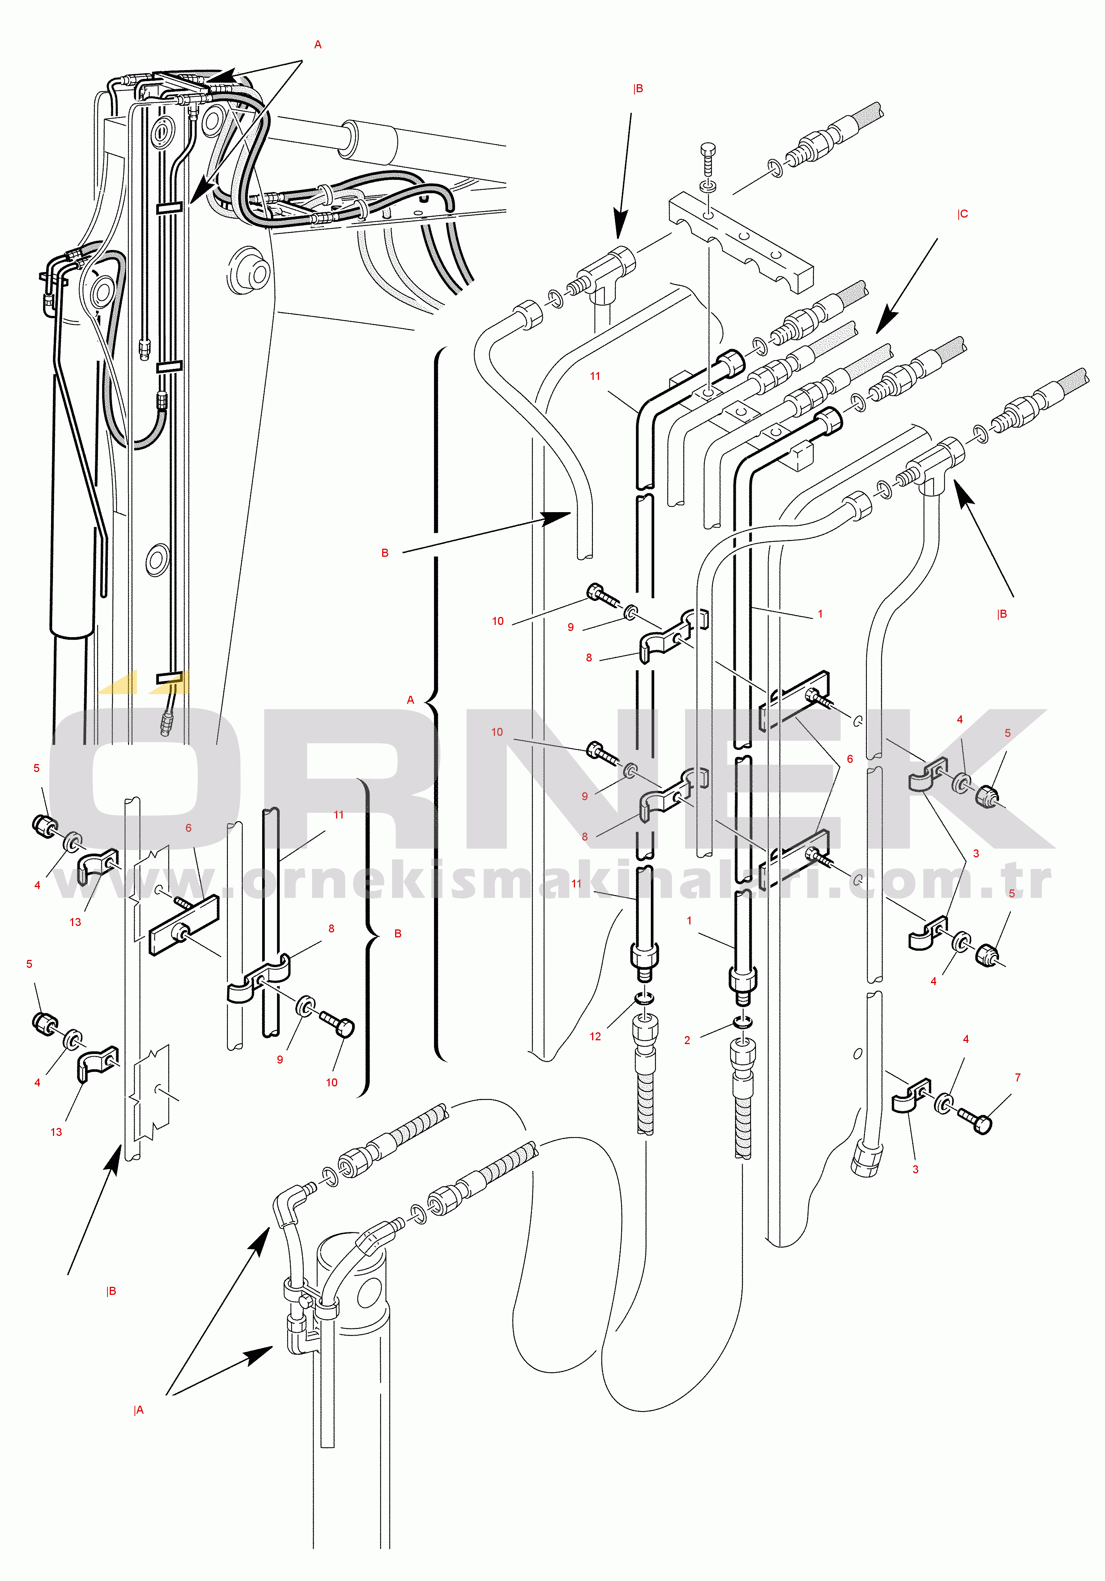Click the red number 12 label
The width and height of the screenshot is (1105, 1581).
point(595,1036)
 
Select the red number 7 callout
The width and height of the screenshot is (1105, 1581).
point(1018,1078)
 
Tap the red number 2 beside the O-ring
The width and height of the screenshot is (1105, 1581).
point(687,1040)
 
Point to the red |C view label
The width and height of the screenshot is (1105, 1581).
point(962,214)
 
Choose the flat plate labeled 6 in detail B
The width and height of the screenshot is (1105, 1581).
point(183,926)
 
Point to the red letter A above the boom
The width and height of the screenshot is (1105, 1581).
point(317,45)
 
